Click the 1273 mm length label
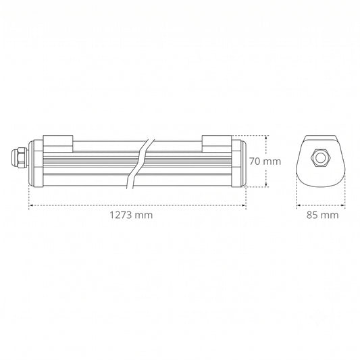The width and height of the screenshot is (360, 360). tap(131, 215)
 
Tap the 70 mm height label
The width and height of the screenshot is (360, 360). tap(265, 161)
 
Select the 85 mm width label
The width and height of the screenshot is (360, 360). tap(322, 215)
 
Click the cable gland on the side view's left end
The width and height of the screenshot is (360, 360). tap(20, 157)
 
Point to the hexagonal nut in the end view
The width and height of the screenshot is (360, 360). tap(320, 158)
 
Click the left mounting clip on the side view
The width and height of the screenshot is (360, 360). tap(58, 144)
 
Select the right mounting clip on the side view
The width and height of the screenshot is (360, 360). tap(217, 144)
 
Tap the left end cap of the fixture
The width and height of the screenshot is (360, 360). tap(36, 163)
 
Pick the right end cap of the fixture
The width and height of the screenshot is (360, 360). tap(239, 163)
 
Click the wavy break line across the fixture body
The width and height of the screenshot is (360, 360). tap(140, 163)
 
